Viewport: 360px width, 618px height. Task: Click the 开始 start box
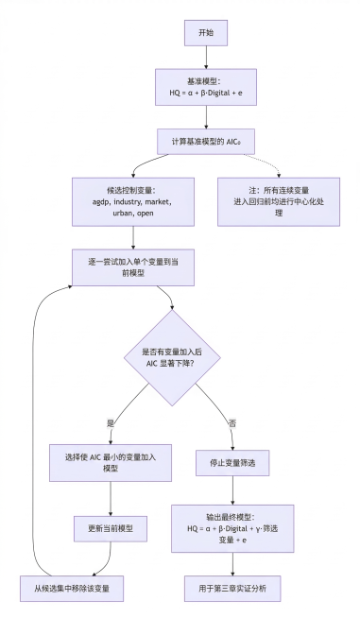point(205,32)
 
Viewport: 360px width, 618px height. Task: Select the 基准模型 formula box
point(205,88)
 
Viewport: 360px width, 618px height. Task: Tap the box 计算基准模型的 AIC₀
point(205,141)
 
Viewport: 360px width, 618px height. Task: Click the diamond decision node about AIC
point(172,357)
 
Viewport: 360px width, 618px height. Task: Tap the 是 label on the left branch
point(112,422)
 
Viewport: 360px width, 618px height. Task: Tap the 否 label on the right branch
point(232,422)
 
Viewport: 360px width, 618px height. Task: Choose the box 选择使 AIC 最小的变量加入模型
point(112,464)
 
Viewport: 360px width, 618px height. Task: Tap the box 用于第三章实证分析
point(232,587)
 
